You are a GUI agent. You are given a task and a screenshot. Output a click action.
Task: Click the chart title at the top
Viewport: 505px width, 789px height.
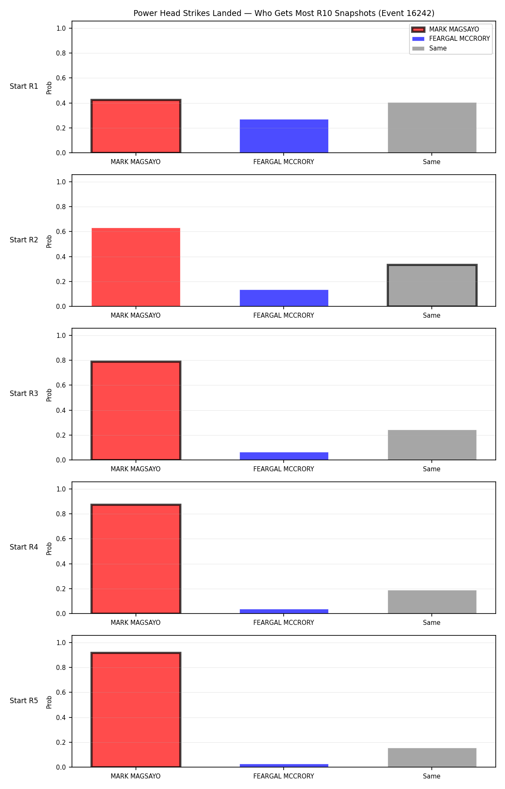(x=284, y=13)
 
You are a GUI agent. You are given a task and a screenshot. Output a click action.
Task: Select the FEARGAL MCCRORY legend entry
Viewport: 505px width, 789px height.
(x=451, y=39)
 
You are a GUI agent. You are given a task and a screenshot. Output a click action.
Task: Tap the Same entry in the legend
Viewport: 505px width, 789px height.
(x=429, y=48)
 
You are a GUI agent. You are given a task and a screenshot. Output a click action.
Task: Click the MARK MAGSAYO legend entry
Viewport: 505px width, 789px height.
(x=445, y=29)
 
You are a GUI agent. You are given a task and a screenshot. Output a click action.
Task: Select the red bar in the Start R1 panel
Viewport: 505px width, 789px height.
(x=136, y=126)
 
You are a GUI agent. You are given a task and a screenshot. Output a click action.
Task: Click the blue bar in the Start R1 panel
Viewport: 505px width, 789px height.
(x=284, y=136)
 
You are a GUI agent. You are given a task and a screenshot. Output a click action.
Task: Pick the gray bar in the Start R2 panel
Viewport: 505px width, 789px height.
(x=432, y=285)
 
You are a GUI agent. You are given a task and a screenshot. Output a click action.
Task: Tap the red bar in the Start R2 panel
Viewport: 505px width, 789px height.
(x=136, y=267)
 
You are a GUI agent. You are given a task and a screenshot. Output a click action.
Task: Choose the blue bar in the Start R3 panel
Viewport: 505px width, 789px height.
(x=284, y=456)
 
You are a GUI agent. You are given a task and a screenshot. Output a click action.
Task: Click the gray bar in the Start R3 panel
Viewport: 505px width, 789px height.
(x=432, y=445)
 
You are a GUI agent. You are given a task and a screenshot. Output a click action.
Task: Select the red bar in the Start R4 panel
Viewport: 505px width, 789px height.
(x=136, y=559)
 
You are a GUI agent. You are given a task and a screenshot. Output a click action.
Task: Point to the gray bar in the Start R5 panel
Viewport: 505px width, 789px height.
(x=432, y=757)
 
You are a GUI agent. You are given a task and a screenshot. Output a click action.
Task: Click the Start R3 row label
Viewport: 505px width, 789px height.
(x=24, y=393)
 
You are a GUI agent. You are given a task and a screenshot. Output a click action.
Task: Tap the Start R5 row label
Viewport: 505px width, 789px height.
(x=24, y=701)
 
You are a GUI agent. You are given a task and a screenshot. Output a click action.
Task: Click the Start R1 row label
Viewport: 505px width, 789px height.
(x=24, y=86)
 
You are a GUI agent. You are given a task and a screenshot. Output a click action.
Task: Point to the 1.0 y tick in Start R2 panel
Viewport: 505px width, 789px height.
(x=61, y=182)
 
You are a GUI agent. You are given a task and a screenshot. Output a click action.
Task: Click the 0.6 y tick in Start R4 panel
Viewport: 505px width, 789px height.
(x=61, y=539)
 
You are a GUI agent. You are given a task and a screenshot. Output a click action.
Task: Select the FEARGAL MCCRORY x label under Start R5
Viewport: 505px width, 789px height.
(x=284, y=776)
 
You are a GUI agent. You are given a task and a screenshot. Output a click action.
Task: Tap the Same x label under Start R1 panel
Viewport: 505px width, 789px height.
(x=432, y=162)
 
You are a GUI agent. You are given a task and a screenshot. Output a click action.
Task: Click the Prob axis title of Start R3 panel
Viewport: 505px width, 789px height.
(x=49, y=395)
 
